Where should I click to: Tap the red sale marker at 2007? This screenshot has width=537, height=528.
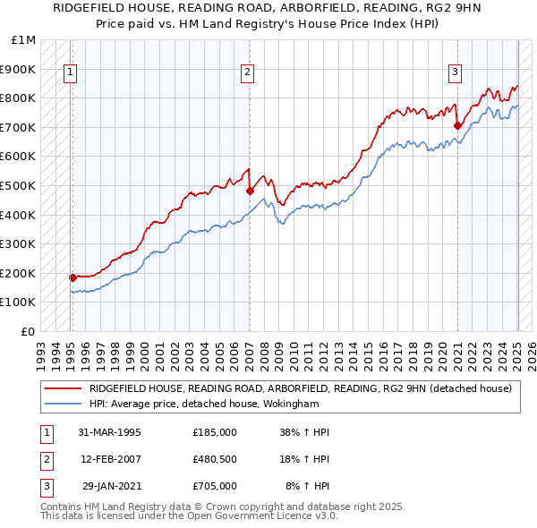pyautogui.click(x=250, y=191)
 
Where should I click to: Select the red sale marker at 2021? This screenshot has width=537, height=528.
pyautogui.click(x=457, y=125)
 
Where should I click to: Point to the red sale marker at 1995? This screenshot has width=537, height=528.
pyautogui.click(x=72, y=277)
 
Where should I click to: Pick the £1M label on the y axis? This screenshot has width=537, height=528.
pyautogui.click(x=24, y=40)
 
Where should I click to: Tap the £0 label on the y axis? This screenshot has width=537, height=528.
pyautogui.click(x=30, y=331)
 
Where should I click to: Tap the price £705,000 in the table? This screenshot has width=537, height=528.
pyautogui.click(x=215, y=486)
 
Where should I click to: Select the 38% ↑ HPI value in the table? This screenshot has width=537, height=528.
pyautogui.click(x=304, y=431)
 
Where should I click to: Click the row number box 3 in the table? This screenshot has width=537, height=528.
pyautogui.click(x=44, y=486)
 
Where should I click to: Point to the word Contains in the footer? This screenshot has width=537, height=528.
pyautogui.click(x=62, y=507)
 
